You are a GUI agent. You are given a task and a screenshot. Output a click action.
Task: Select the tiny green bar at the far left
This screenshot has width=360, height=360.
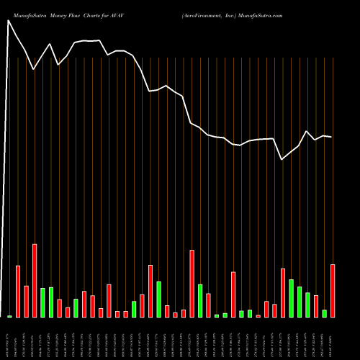[9, 316]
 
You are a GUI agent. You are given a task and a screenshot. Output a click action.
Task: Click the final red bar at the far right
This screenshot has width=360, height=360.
[333, 291]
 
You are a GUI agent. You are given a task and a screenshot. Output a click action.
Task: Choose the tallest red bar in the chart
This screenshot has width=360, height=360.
[35, 281]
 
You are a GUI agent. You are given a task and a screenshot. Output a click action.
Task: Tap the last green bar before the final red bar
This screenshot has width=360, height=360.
[324, 313]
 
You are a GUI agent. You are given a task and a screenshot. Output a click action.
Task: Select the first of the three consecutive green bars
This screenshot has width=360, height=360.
[291, 298]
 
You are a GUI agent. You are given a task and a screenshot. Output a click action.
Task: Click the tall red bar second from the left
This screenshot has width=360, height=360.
[18, 292]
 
